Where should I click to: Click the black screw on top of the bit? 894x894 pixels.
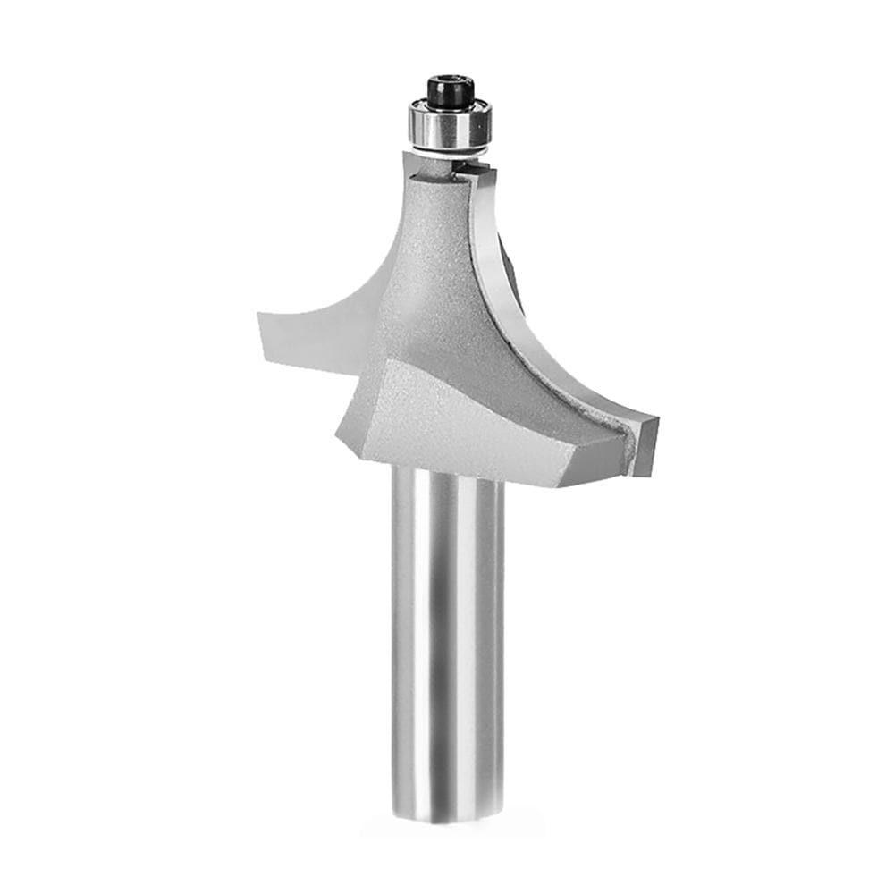point(450,90)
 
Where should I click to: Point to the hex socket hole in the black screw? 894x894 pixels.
point(450,82)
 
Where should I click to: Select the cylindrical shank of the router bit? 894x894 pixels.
point(447,644)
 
